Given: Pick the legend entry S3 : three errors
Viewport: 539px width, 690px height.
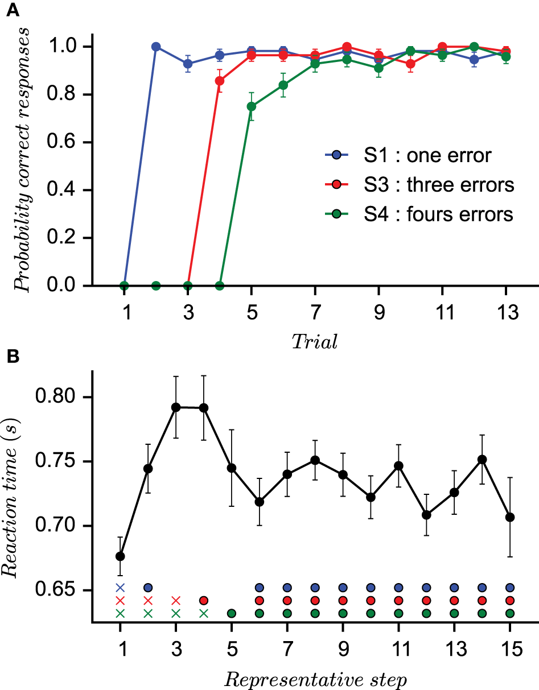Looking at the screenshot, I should (x=418, y=185).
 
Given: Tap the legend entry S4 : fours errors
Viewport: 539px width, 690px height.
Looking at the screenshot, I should (x=418, y=214).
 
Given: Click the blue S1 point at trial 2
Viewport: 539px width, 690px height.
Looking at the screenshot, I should (x=156, y=47).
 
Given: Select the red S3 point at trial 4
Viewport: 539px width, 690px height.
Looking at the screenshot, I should (x=220, y=81).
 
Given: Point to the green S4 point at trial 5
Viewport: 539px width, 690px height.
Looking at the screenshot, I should (x=251, y=106).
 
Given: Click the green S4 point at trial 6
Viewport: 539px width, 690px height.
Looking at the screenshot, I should (x=283, y=85).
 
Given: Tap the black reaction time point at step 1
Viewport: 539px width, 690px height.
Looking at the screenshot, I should (x=120, y=556).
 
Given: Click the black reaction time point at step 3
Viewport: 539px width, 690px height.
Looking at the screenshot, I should (x=176, y=407).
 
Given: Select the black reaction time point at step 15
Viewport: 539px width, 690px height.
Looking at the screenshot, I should (x=510, y=517).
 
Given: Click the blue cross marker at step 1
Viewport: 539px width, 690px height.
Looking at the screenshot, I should (x=120, y=587).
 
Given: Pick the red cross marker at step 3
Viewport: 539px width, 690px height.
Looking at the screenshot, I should (x=176, y=600).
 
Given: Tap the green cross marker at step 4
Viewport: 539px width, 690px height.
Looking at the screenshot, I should (x=204, y=613).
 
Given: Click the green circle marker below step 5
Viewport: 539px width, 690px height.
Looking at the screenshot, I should (x=232, y=613).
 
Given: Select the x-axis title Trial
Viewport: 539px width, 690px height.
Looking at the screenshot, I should (x=315, y=341).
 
